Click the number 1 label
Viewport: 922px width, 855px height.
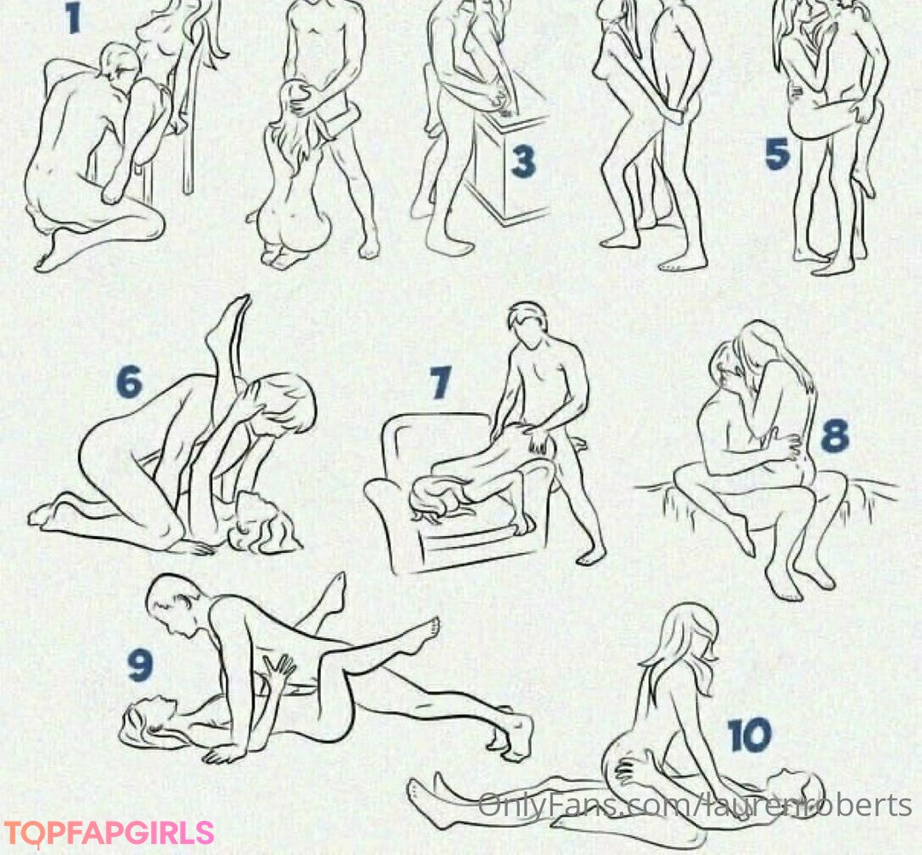(x=73, y=18)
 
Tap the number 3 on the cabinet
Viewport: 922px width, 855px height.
(x=522, y=161)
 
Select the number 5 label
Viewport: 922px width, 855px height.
(x=777, y=154)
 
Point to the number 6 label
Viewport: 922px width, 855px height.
(x=130, y=381)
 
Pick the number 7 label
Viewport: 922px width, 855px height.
(x=441, y=382)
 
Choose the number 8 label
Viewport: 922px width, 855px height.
(x=835, y=435)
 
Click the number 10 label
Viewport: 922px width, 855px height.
(x=750, y=735)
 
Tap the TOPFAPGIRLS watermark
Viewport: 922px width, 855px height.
(x=108, y=834)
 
